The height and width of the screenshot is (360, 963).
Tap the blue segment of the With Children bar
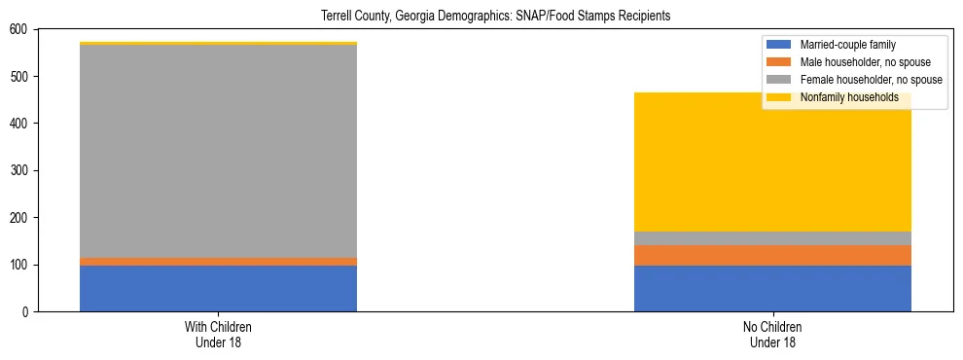pos(218,288)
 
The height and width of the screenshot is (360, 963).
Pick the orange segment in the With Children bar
pos(218,262)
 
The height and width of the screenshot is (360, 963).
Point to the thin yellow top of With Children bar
pos(218,43)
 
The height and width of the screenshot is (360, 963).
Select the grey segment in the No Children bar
pos(772,238)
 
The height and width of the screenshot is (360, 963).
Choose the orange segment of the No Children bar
pos(772,255)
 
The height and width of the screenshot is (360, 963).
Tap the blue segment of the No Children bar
pos(772,288)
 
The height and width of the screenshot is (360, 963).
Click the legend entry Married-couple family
pos(847,45)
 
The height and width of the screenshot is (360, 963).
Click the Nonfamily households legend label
pos(849,97)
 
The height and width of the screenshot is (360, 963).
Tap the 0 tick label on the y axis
pos(27,311)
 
